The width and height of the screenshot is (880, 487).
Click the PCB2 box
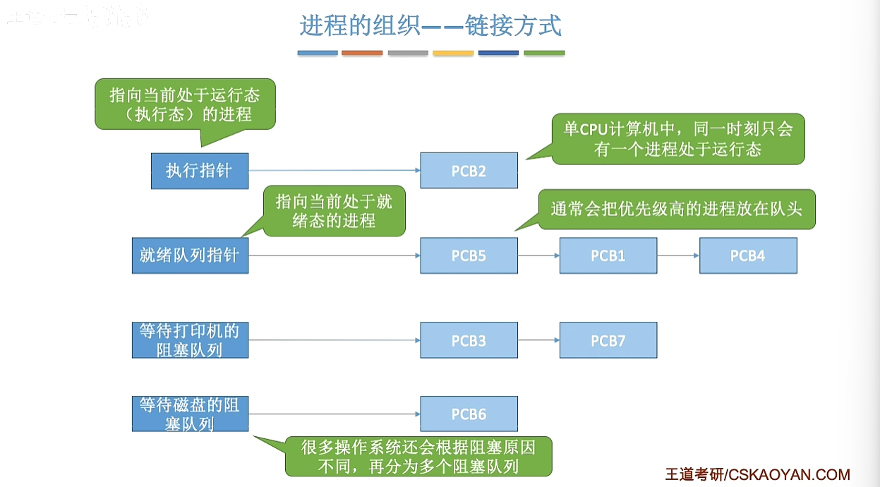(469, 171)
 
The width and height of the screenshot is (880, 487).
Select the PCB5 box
(469, 255)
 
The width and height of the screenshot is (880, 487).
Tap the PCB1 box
(608, 255)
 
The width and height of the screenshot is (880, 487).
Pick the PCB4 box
(748, 255)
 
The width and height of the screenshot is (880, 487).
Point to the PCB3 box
(469, 340)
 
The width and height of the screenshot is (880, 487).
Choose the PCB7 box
(608, 340)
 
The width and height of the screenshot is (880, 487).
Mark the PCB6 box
(469, 414)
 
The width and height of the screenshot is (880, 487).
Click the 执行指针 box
(200, 171)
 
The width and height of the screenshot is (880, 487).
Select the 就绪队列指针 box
(190, 255)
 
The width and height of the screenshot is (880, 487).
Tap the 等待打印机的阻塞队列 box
(190, 340)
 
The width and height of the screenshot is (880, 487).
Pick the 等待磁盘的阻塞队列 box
(190, 414)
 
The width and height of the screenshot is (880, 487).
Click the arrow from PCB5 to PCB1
(538, 255)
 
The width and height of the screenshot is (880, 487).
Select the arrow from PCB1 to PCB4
(678, 255)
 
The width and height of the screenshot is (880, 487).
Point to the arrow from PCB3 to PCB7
(538, 340)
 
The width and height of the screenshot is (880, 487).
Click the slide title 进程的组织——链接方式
(430, 26)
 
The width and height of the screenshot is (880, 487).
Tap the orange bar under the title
(362, 53)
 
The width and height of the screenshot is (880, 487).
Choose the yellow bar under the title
(453, 53)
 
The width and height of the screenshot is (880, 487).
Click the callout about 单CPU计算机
(677, 140)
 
